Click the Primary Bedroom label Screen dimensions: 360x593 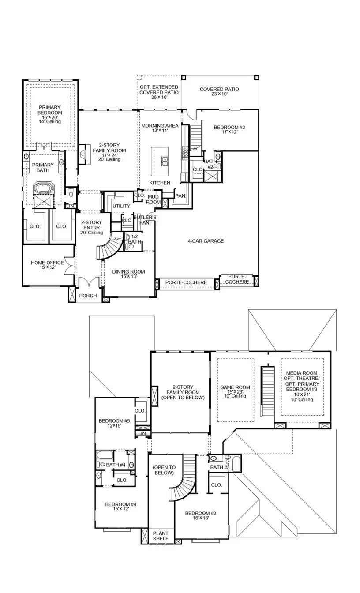[x=50, y=114]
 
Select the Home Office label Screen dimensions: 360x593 [x=47, y=265]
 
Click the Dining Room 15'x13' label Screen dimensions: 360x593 [x=129, y=274]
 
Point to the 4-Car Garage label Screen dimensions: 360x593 [x=206, y=241]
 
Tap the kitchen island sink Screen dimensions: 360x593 [x=165, y=161]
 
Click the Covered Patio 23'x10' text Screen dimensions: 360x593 [x=219, y=91]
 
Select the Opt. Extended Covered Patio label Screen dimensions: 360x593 [x=159, y=92]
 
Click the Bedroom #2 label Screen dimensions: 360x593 [x=229, y=129]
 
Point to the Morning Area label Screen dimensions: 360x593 [x=160, y=128]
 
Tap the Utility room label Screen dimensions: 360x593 [x=121, y=206]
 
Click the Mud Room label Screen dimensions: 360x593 [x=153, y=199]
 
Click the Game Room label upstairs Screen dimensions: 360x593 [x=235, y=391]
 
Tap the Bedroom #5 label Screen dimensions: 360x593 [x=114, y=423]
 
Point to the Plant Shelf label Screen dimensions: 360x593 [x=161, y=536]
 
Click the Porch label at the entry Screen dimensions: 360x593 [x=88, y=296]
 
